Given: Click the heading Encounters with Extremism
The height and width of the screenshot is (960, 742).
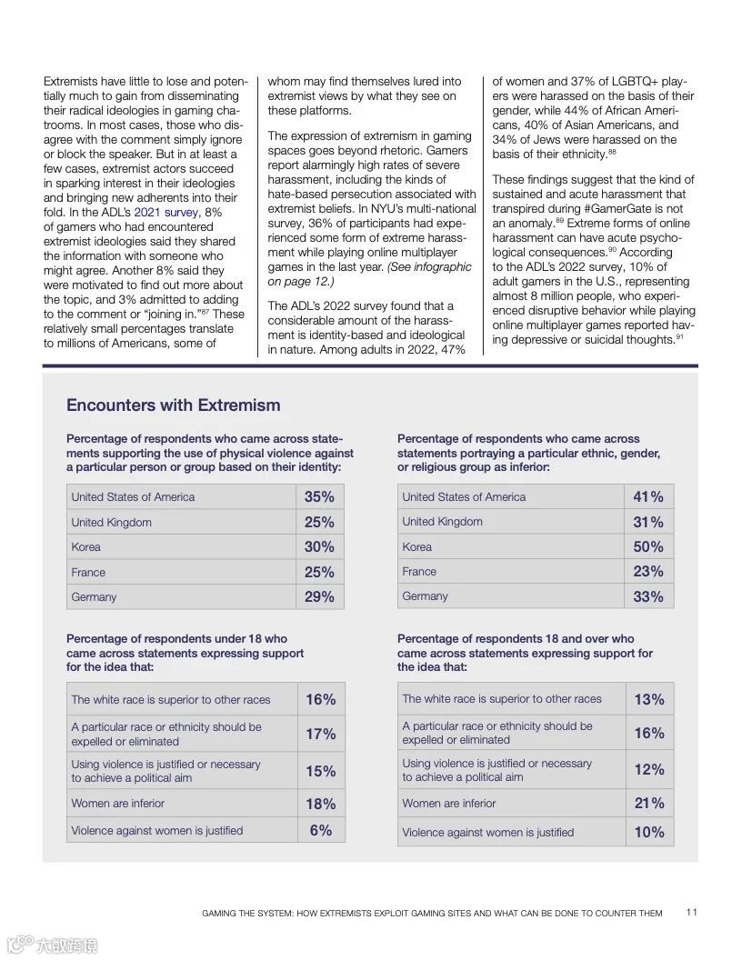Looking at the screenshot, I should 173,405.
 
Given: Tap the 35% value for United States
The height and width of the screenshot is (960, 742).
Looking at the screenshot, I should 319,496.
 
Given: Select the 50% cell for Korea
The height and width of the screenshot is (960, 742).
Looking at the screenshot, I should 649,546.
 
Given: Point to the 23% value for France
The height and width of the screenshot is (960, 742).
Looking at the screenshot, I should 649,571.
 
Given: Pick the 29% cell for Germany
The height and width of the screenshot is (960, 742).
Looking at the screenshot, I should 319,596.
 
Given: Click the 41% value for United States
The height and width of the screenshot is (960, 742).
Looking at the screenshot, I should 649,496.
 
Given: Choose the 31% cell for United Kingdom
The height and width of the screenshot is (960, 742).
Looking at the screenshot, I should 649,522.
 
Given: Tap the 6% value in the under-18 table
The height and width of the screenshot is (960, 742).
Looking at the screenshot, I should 321,830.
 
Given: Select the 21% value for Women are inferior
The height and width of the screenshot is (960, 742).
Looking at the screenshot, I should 649,803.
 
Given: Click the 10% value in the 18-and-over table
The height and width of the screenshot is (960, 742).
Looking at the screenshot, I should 649,832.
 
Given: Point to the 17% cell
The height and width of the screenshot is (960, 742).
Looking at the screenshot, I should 321,734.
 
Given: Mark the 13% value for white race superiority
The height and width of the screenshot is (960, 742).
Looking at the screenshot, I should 649,699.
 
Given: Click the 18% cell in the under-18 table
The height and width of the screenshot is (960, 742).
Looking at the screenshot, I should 321,804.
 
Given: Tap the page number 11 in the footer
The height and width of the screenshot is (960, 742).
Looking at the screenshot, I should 692,913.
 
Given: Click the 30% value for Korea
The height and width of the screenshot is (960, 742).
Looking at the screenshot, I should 319,546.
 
